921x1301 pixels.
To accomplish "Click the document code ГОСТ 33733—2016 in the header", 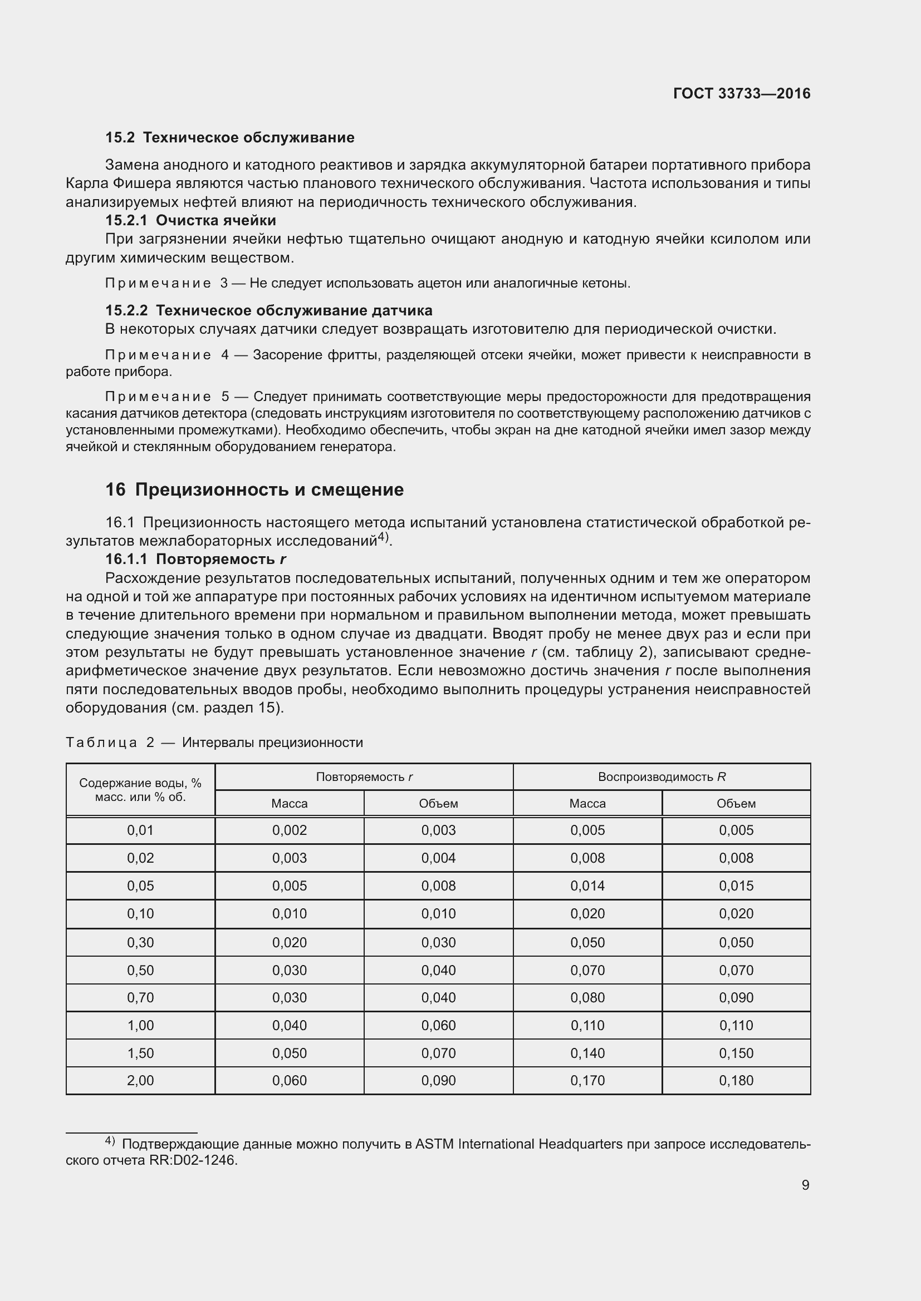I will click(741, 93).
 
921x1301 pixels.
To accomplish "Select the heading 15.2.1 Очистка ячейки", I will click(190, 220).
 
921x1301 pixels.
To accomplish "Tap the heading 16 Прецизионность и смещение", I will click(254, 489).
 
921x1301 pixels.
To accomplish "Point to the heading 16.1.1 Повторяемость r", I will click(195, 559).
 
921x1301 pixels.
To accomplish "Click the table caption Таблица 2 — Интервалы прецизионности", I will click(214, 743).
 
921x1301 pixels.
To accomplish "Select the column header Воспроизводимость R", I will click(662, 777).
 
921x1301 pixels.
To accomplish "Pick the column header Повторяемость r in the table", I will click(364, 777).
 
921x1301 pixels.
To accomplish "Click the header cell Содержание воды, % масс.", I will click(140, 790).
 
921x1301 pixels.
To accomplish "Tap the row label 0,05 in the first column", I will click(140, 886).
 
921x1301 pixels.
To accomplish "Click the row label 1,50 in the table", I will click(140, 1053).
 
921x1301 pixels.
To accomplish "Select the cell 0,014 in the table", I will click(587, 886).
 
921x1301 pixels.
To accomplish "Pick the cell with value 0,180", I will click(736, 1081).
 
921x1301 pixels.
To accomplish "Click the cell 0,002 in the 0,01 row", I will click(289, 830).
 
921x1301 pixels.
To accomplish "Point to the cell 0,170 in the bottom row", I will click(587, 1081).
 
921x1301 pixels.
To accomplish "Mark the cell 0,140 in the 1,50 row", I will click(587, 1053).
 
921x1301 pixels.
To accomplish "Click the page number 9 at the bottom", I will click(805, 1185).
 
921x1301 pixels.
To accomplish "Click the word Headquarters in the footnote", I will click(580, 1144).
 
